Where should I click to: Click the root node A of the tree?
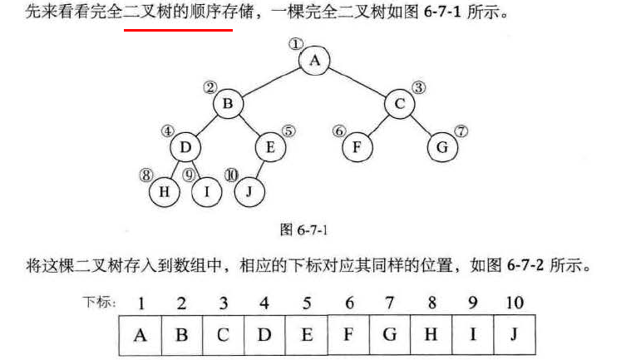pos(314,60)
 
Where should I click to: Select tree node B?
pos(227,104)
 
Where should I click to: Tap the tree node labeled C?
pos(400,104)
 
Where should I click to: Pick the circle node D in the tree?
pos(185,148)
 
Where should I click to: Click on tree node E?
pos(270,148)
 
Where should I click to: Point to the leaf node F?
pos(357,148)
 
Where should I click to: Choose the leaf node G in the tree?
pos(442,148)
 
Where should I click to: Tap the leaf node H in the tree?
pos(164,192)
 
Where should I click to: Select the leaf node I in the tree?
pos(206,192)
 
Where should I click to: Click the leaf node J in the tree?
pos(249,192)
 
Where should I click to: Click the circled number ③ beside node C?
pos(419,86)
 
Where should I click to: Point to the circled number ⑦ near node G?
pos(462,131)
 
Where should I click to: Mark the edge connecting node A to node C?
pos(357,81)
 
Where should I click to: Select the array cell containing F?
pos(348,335)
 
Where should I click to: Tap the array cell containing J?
pos(514,335)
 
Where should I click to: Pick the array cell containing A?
pos(140,335)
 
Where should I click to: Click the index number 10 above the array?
pos(514,303)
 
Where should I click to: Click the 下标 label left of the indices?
pos(99,301)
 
